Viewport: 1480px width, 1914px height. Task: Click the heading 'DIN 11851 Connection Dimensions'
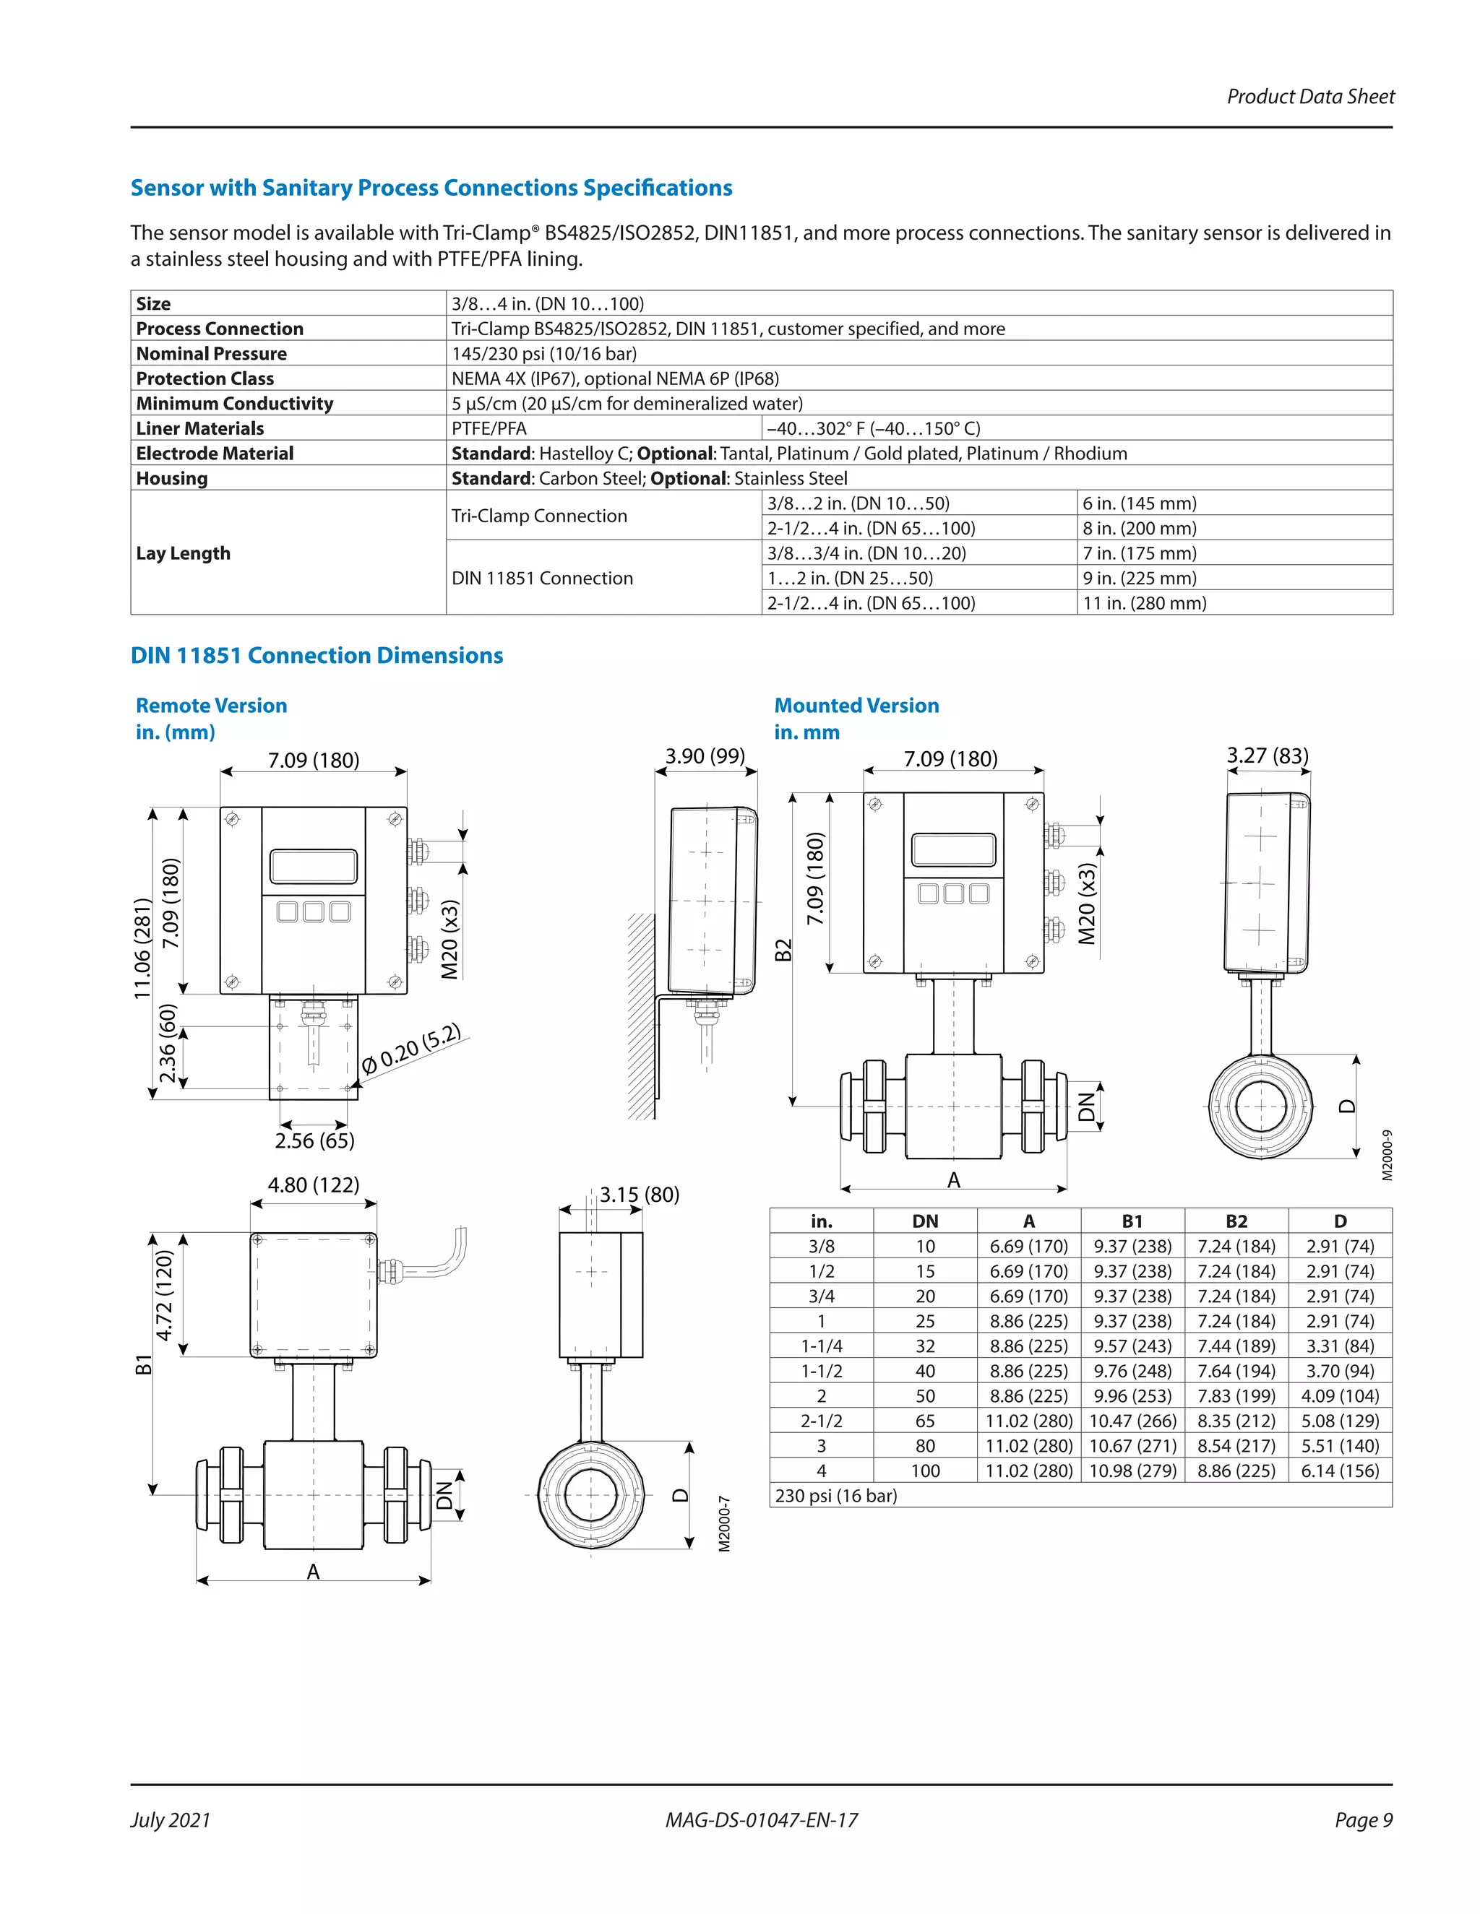(x=317, y=656)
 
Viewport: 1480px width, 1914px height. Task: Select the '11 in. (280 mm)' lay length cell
(x=1144, y=603)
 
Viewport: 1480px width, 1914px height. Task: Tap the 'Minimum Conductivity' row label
(x=234, y=403)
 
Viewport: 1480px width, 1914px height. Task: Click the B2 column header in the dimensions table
(x=1236, y=1221)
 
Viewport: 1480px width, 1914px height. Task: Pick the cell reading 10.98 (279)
(x=1132, y=1471)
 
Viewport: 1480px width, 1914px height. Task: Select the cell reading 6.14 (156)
(x=1340, y=1471)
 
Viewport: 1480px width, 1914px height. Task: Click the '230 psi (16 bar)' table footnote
(x=835, y=1496)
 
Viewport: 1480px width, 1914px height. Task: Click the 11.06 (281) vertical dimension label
(x=142, y=948)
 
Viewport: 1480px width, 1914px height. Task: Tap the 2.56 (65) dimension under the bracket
(x=314, y=1141)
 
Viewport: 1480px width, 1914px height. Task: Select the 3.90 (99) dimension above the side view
(x=705, y=755)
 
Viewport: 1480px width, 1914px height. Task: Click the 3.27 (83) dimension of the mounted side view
(x=1267, y=755)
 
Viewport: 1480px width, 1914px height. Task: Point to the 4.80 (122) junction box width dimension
(x=313, y=1185)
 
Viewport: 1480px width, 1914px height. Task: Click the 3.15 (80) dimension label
(x=639, y=1195)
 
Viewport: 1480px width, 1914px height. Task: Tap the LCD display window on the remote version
(x=313, y=866)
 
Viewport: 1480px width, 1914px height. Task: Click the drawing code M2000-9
(x=1387, y=1155)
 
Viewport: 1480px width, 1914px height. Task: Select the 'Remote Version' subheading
(x=211, y=706)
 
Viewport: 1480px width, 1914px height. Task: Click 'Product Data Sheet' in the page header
(x=1310, y=96)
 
